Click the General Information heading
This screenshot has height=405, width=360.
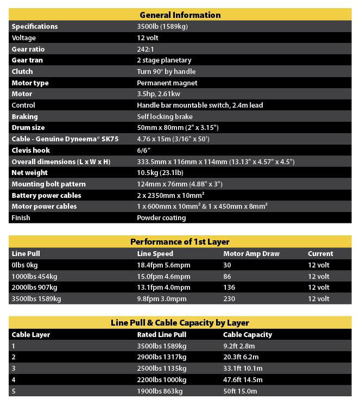180,15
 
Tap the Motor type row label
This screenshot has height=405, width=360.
30,83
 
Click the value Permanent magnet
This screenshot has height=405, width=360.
167,83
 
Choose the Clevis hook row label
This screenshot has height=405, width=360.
30,151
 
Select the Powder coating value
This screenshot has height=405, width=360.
161,218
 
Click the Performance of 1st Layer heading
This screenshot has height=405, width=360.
180,242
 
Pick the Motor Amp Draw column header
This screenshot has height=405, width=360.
251,254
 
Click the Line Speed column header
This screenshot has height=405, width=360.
155,254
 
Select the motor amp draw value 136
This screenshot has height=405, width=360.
229,288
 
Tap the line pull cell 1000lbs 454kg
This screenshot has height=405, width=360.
34,276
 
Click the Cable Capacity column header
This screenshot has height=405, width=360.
248,335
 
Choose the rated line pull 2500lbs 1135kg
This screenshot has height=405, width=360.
162,369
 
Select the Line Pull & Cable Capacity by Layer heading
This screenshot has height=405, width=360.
180,323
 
